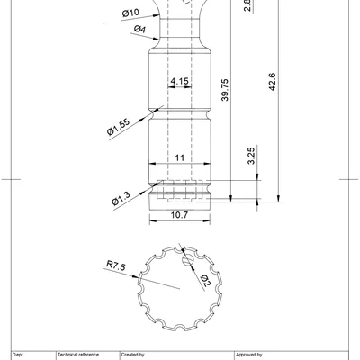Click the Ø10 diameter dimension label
(130, 13)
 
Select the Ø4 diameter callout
(139, 30)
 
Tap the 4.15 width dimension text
(178, 82)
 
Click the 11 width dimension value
(179, 157)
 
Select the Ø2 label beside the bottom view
(204, 281)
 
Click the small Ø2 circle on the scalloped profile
(186, 261)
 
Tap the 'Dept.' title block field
(18, 355)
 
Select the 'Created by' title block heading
(132, 355)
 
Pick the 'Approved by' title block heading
(249, 355)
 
